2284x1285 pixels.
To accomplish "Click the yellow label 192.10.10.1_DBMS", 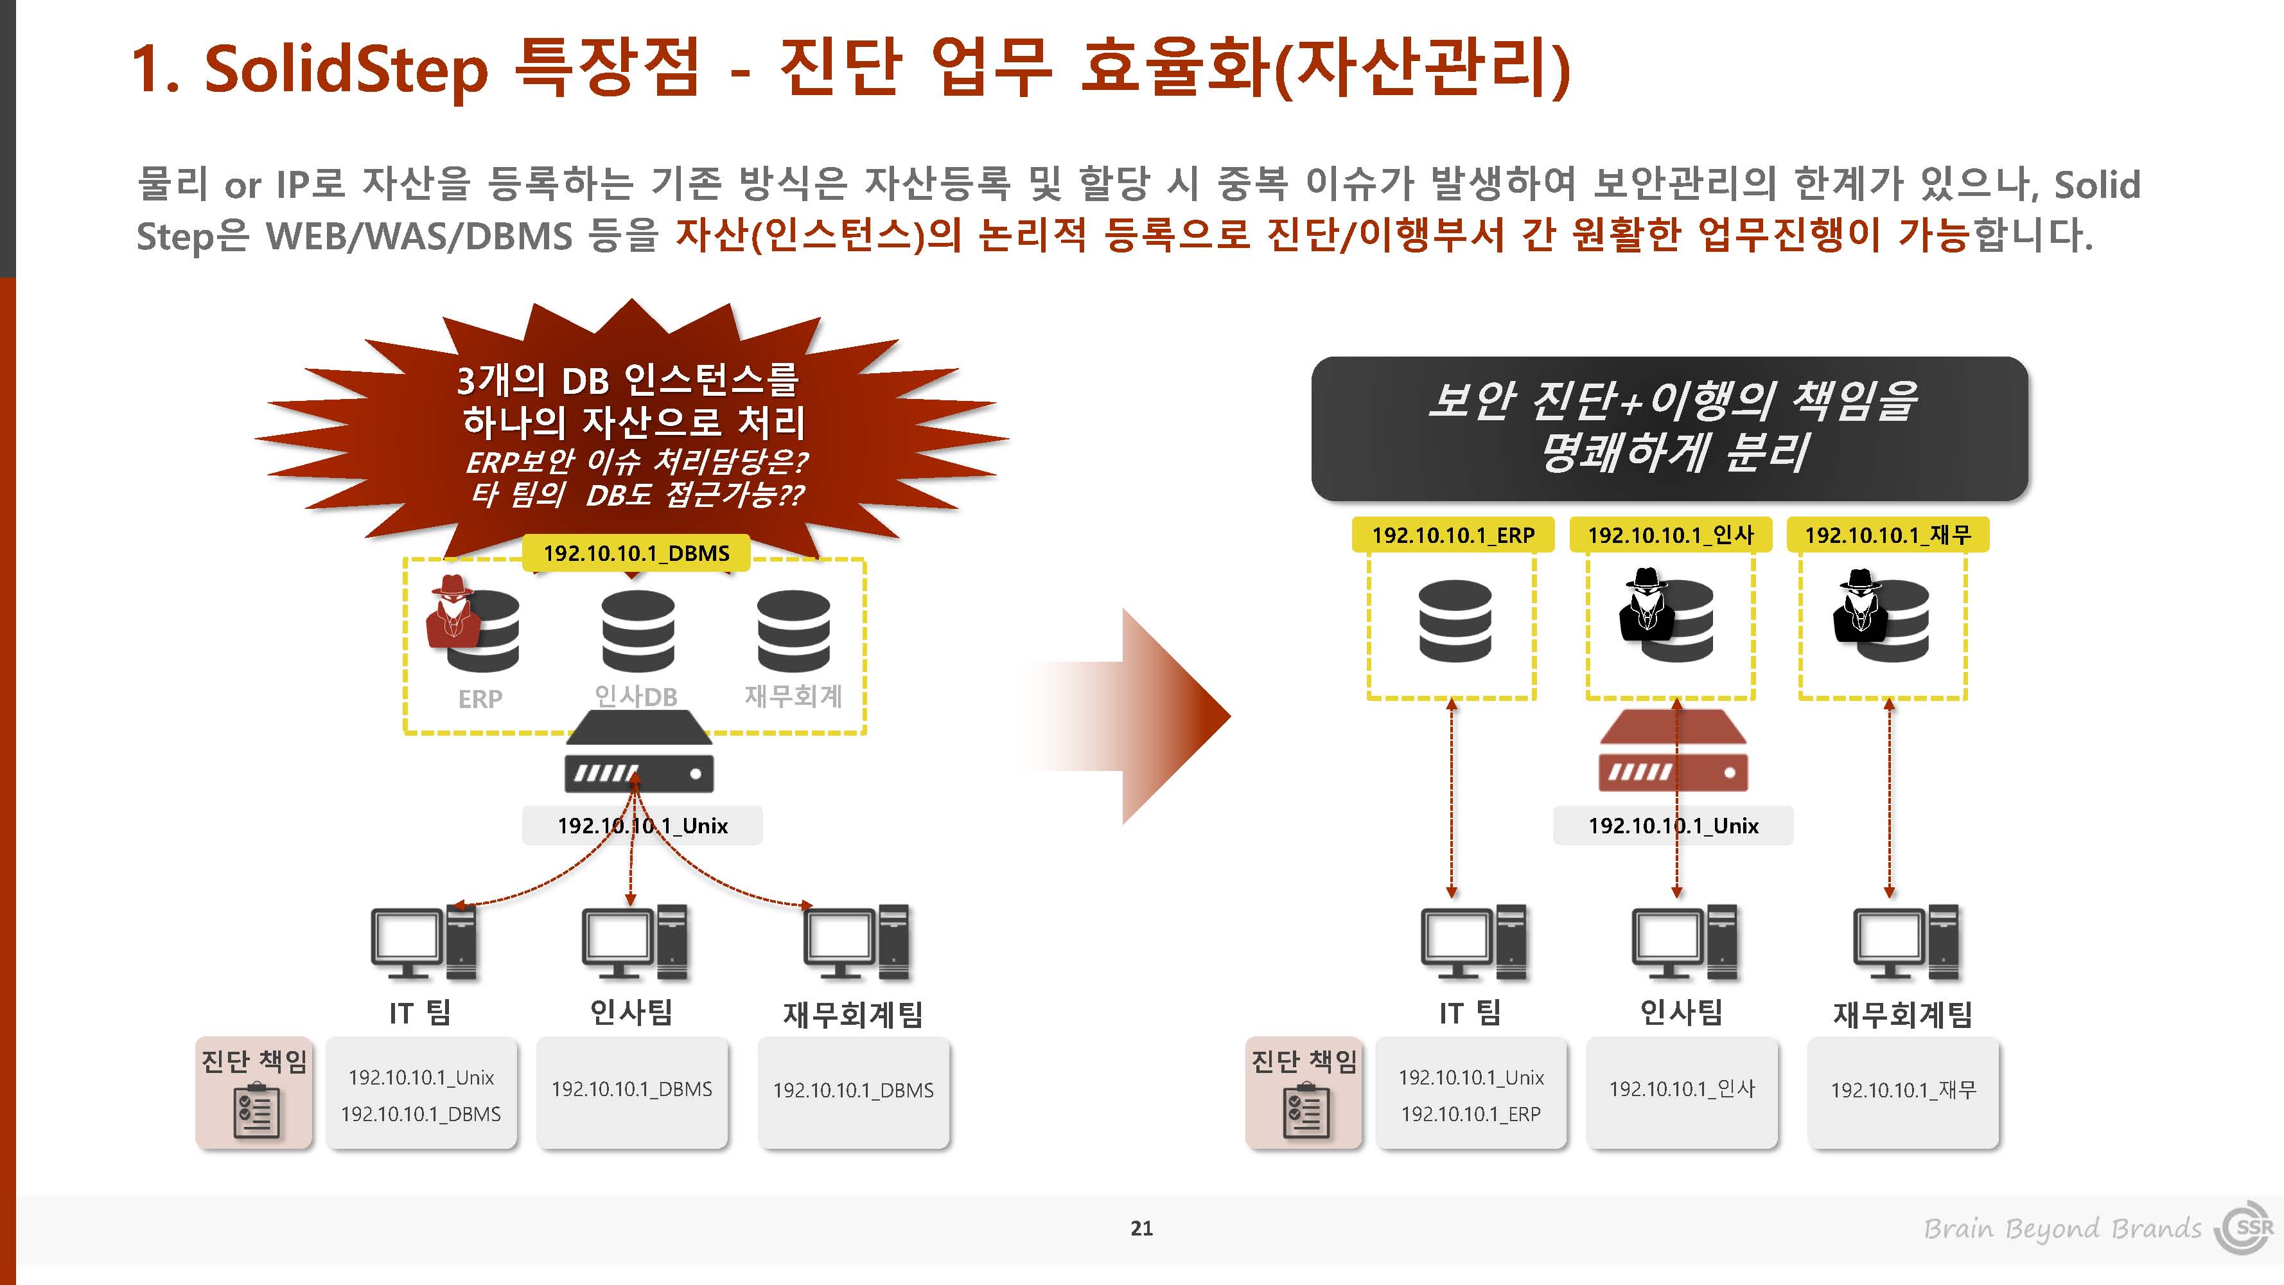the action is click(636, 553).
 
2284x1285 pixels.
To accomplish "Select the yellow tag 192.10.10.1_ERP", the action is click(1452, 535).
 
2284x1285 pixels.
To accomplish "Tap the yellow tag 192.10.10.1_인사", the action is click(1671, 535).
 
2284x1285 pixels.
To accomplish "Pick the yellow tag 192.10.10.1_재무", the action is click(1888, 535).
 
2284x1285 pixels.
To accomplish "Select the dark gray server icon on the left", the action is click(638, 752).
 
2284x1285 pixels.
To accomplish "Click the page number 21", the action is click(1142, 1228).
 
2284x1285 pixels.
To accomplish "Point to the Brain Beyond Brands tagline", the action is click(2062, 1229).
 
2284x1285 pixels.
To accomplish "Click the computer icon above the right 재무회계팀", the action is click(1906, 942).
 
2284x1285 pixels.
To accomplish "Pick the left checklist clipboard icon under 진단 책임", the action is click(256, 1110).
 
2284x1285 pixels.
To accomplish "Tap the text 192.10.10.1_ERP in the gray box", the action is click(1470, 1114).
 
